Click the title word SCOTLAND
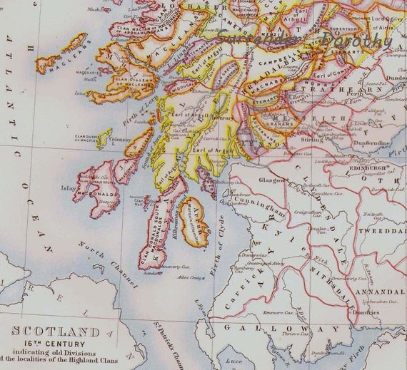[x=54, y=332]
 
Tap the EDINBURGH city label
[x=368, y=168]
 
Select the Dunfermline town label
[x=367, y=143]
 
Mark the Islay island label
[x=69, y=188]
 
